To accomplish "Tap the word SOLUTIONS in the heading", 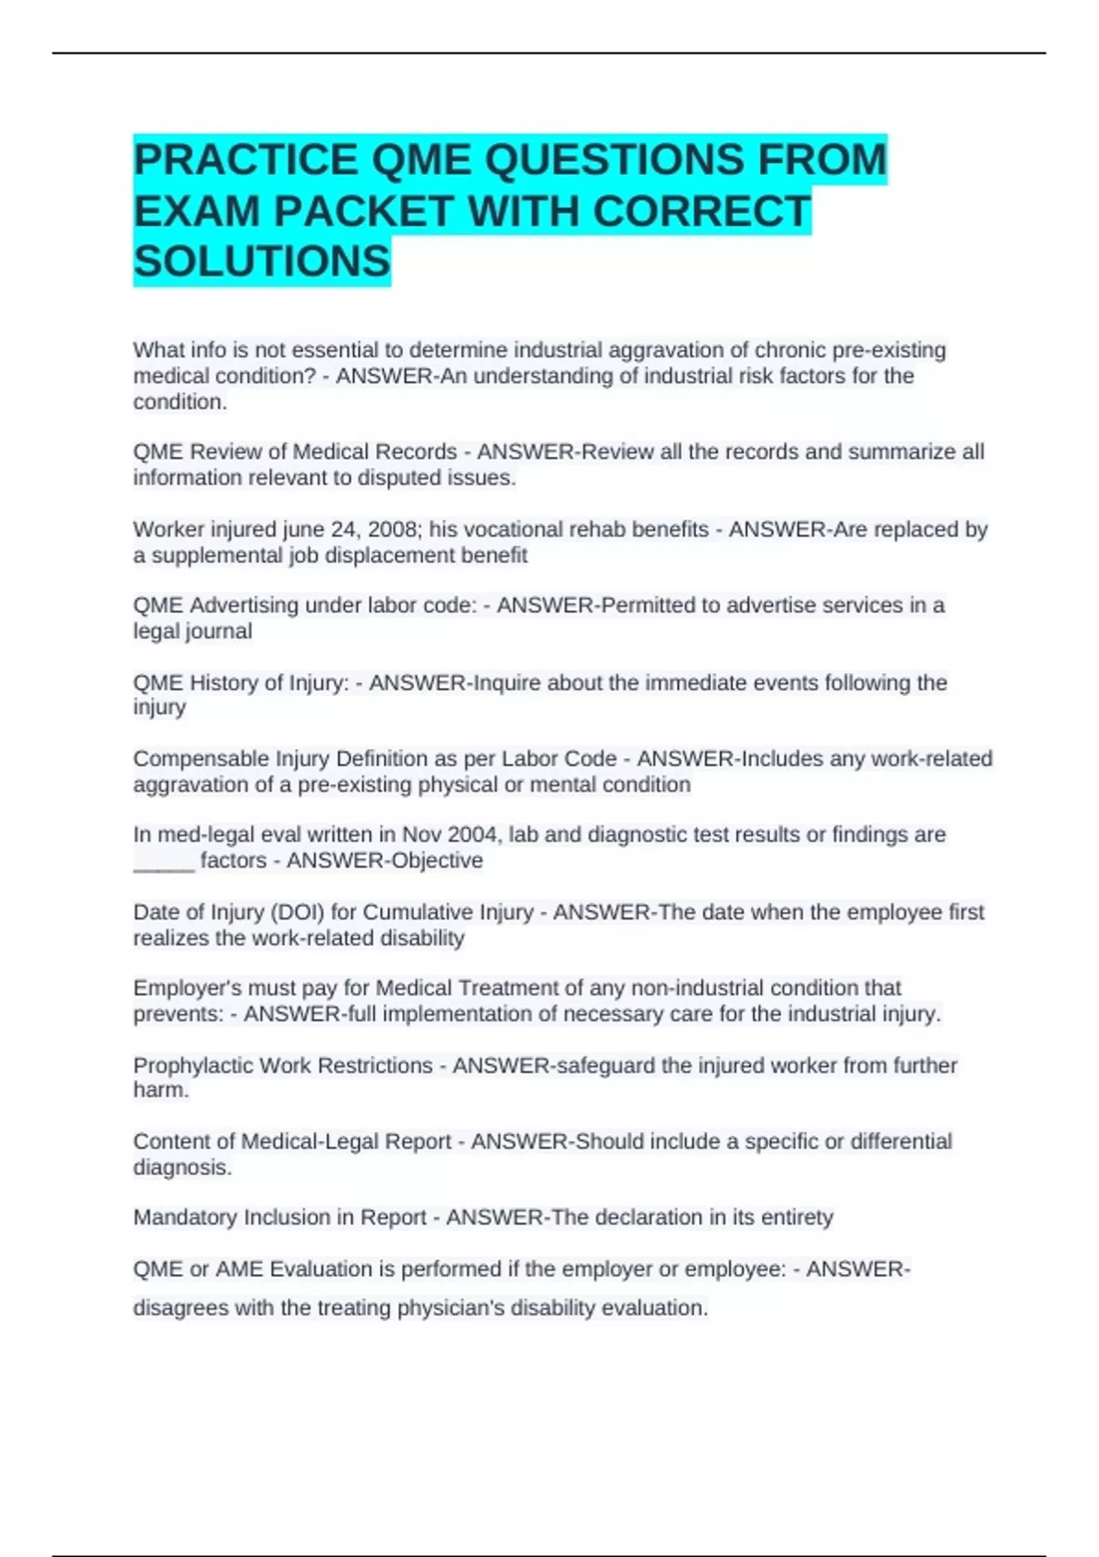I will pos(262,262).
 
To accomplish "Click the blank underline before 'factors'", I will pos(164,861).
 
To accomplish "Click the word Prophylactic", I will pos(191,1065).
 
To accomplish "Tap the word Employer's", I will pos(184,988).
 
